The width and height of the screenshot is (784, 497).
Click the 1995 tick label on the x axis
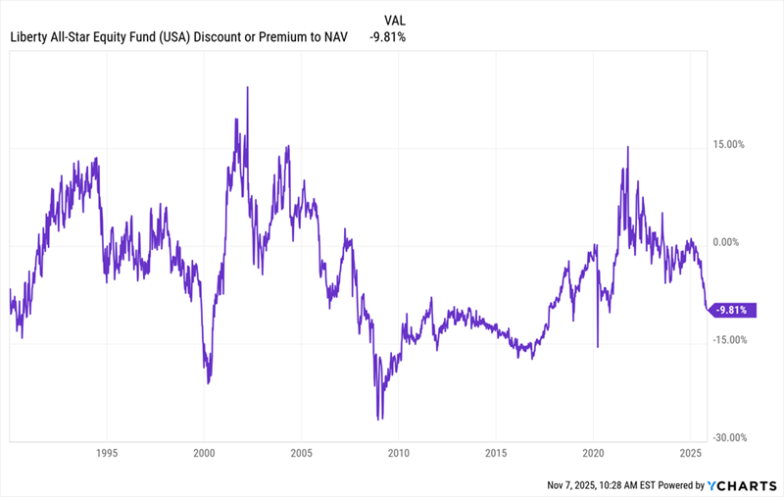(107, 454)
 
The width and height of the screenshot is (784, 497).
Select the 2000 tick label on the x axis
(204, 454)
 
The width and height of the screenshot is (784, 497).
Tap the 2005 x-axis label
(301, 454)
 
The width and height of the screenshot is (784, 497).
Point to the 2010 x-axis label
(399, 454)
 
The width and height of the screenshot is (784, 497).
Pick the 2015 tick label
(496, 454)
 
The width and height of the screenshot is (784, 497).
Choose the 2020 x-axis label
(594, 454)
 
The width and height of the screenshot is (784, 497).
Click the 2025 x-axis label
(691, 454)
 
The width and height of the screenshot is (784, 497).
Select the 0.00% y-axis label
(730, 242)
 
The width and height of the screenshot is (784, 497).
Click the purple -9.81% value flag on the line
(733, 310)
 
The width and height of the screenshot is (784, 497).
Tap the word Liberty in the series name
(29, 37)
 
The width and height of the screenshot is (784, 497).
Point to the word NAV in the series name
(349, 37)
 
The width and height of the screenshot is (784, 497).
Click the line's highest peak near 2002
(247, 87)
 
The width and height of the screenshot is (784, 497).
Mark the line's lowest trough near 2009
(378, 419)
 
